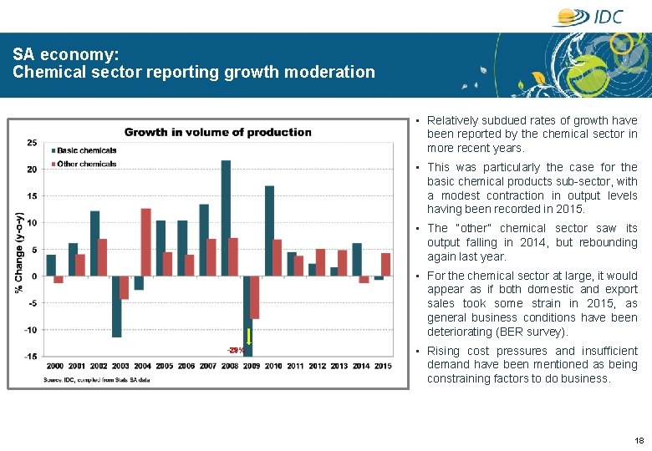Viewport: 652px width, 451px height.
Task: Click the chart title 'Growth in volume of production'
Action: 217,132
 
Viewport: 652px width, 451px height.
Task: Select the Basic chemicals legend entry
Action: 86,150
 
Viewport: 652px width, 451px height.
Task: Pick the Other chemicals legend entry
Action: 86,164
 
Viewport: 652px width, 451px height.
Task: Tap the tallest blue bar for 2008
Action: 226,218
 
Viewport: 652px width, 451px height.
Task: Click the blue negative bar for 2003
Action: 116,307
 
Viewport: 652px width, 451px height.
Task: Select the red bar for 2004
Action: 146,242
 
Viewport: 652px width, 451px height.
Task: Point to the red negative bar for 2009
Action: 255,297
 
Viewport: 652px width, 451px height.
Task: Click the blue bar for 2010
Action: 269,231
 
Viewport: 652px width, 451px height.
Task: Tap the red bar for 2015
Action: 385,264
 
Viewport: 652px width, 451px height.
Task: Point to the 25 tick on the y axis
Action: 32,143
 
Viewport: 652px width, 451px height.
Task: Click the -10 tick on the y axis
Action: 30,330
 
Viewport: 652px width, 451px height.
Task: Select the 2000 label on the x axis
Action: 54,366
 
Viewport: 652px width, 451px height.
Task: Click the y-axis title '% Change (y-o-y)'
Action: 18,251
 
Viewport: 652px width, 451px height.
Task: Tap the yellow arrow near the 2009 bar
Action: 248,338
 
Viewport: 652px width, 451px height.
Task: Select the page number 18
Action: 639,440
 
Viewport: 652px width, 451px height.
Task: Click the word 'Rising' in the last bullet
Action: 443,351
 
